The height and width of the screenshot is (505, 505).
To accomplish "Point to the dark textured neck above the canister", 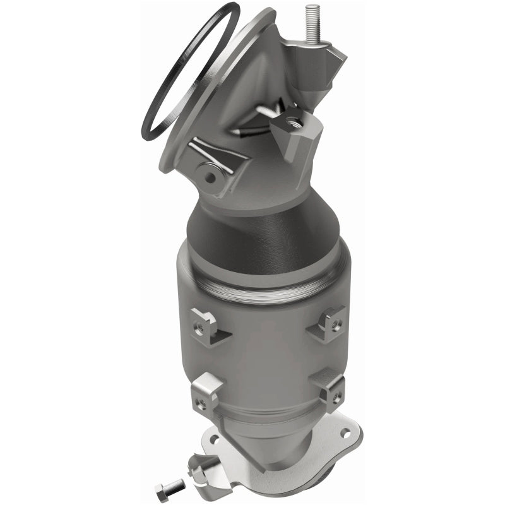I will tap(252, 234).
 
